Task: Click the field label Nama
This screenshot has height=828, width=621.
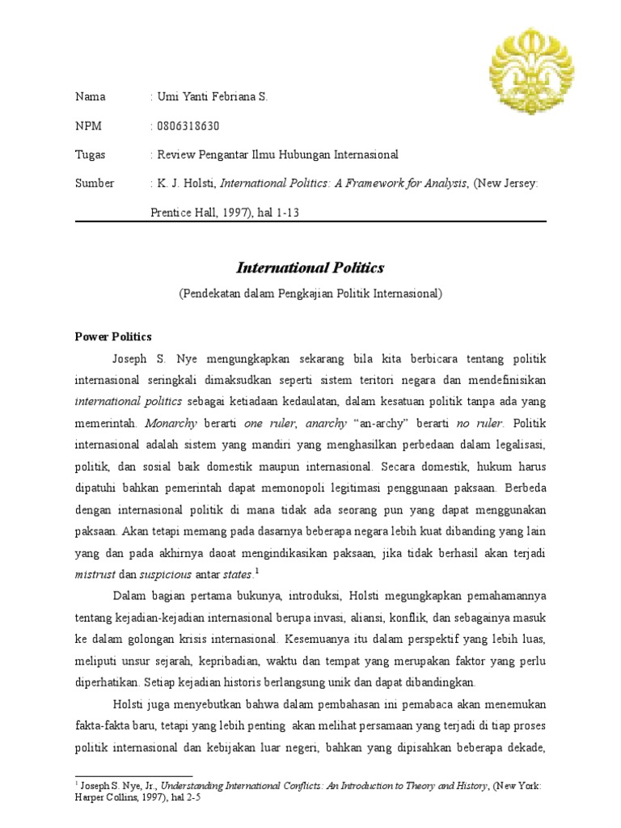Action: pyautogui.click(x=91, y=97)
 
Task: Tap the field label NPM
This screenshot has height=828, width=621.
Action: pyautogui.click(x=89, y=126)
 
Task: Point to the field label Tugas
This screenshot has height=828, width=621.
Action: pyautogui.click(x=91, y=154)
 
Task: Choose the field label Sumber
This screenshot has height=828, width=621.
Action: pyautogui.click(x=95, y=184)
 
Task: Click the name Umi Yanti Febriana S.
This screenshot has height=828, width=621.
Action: pyautogui.click(x=212, y=97)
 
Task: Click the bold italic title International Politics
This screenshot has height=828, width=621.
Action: pyautogui.click(x=310, y=268)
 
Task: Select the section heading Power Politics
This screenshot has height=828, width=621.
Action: pyautogui.click(x=113, y=336)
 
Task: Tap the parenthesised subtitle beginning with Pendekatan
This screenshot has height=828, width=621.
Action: pyautogui.click(x=310, y=294)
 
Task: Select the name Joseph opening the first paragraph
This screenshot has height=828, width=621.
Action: pyautogui.click(x=137, y=357)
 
